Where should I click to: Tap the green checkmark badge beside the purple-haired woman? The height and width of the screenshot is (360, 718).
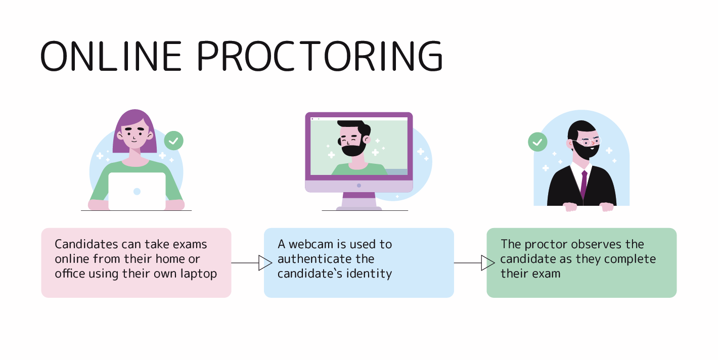point(173,141)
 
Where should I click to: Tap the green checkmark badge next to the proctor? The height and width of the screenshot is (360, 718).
point(537,142)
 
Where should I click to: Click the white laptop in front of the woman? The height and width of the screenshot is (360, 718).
point(137,191)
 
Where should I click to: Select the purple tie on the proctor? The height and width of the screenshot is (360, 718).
point(584,184)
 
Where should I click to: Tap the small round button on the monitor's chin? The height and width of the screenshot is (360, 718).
point(359,186)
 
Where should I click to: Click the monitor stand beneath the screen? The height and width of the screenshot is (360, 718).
point(359,201)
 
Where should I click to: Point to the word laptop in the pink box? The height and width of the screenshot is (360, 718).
point(199,274)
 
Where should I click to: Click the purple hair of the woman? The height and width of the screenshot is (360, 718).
point(134,119)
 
